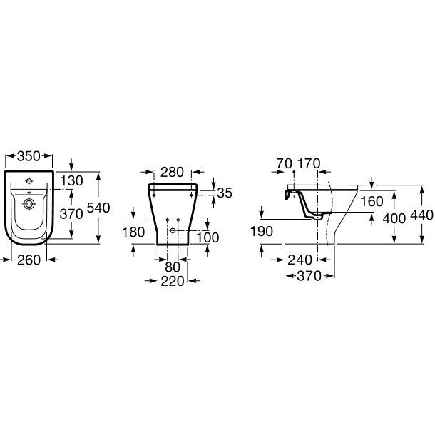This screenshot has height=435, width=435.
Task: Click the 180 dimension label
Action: tap(133, 231)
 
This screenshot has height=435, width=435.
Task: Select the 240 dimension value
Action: tap(300, 260)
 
